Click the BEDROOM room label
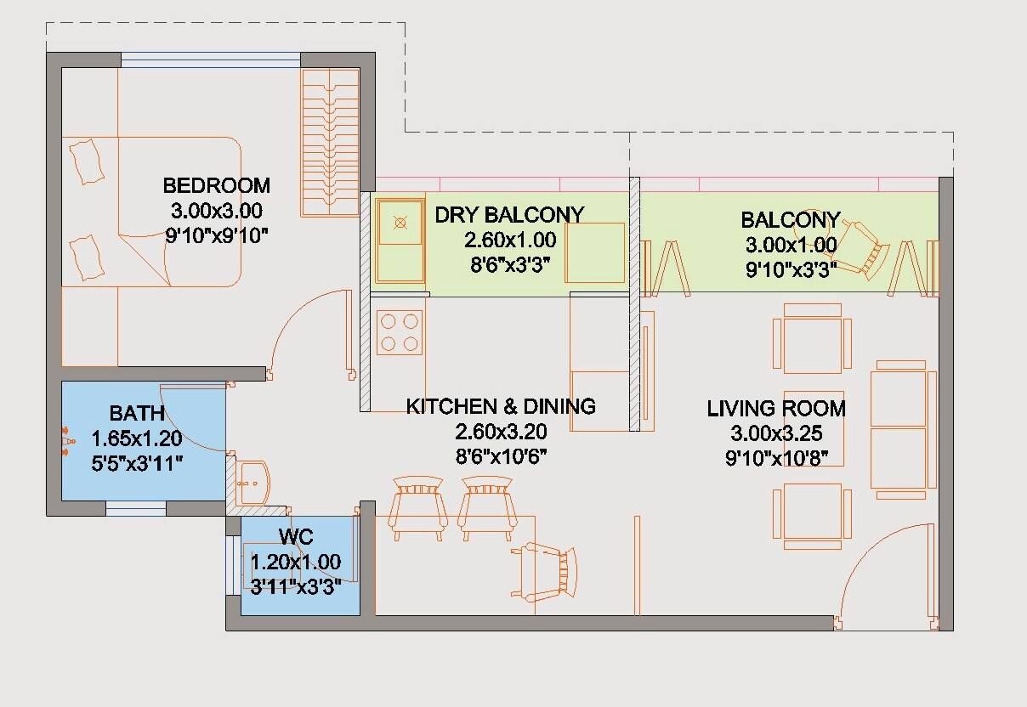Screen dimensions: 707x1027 coord(216,185)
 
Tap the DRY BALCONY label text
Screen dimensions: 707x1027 coord(509,214)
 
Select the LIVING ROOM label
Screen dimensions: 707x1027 coord(776,409)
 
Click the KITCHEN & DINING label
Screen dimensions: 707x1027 coord(501,406)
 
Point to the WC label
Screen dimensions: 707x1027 coord(295,537)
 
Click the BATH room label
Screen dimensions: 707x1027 coord(137,414)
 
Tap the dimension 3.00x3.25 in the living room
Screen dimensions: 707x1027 coord(776,433)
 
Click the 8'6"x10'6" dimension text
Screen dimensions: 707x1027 coord(501,456)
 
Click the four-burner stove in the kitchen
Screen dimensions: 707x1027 coord(400,332)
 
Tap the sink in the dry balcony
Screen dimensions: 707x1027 coord(400,223)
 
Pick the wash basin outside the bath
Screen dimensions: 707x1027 coord(252,483)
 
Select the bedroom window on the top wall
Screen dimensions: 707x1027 coord(211,59)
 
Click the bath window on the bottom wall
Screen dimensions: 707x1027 coord(135,508)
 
